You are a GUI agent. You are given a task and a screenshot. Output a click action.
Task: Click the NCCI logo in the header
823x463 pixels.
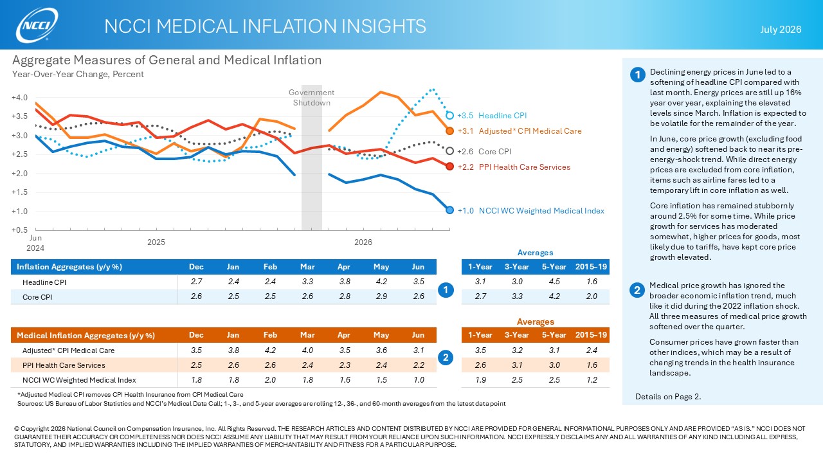tap(37, 24)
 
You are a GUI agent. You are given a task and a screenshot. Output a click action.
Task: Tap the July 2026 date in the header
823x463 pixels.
tap(781, 30)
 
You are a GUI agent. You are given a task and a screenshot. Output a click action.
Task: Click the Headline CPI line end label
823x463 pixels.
tap(502, 115)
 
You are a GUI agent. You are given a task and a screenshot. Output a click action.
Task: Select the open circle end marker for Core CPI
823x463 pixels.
tap(449, 151)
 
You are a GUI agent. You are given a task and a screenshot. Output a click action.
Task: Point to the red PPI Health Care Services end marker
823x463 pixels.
tap(449, 167)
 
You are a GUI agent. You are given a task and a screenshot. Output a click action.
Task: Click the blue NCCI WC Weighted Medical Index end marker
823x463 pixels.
tap(449, 210)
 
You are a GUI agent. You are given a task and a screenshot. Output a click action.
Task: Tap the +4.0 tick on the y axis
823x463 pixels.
tap(19, 98)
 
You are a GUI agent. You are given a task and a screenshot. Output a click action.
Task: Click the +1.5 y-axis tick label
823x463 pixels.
tap(19, 192)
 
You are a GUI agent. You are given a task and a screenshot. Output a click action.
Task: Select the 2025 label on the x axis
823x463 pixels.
tap(156, 242)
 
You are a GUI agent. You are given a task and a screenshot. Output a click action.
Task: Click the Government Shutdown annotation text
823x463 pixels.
tap(312, 97)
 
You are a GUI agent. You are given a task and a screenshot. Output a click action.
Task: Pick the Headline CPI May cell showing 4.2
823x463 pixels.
tap(381, 282)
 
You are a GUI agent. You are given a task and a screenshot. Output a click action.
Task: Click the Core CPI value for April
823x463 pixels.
tap(345, 296)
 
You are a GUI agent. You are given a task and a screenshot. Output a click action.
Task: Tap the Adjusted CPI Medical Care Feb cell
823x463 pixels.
tap(270, 350)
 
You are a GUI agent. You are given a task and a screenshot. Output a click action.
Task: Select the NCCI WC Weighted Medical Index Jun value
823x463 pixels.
tap(419, 379)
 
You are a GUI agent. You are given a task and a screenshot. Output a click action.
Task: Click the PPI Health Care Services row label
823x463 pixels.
tap(64, 365)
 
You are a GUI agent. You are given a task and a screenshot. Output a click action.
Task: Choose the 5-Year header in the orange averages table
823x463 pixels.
tap(554, 335)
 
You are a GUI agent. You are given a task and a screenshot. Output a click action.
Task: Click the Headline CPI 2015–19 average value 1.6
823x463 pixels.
tap(592, 282)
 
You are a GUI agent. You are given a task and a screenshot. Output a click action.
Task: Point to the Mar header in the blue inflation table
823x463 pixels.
tap(307, 267)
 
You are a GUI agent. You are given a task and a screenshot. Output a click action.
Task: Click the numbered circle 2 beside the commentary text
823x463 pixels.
tap(637, 290)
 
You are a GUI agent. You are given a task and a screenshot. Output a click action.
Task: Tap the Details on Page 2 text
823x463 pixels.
tap(668, 397)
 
